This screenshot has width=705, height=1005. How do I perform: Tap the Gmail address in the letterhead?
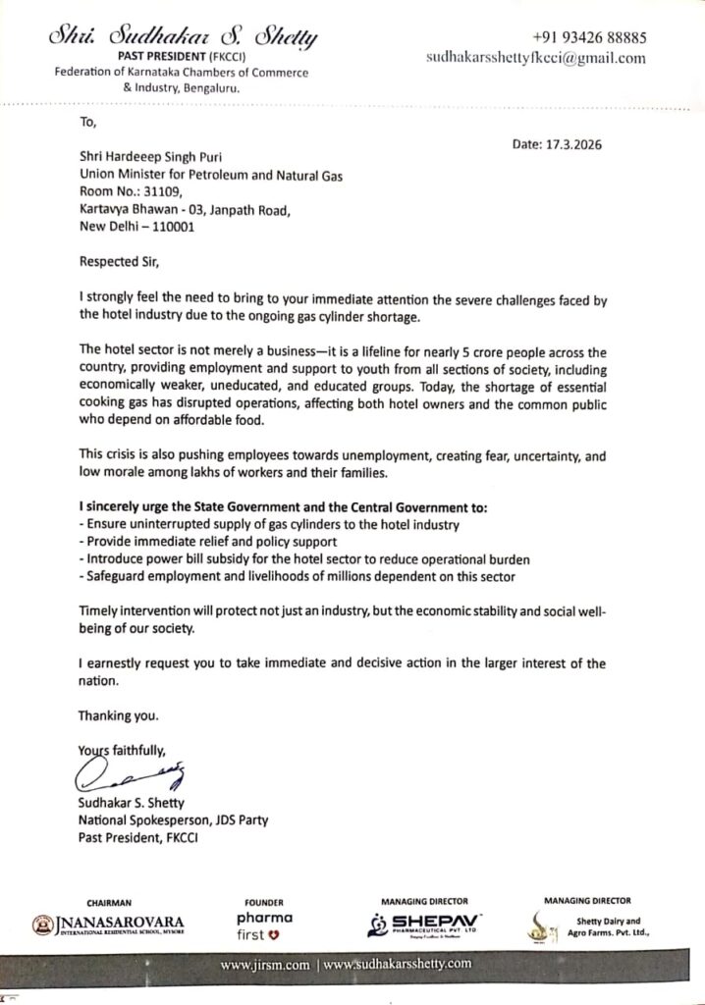click(x=536, y=58)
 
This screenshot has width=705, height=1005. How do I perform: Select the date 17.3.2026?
click(x=557, y=144)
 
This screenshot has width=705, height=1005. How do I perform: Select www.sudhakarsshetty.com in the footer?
click(x=398, y=965)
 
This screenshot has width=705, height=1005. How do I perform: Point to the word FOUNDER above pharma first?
click(x=265, y=902)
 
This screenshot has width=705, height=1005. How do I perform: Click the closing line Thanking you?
click(x=117, y=714)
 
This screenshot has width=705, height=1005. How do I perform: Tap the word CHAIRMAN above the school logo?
click(x=108, y=901)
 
